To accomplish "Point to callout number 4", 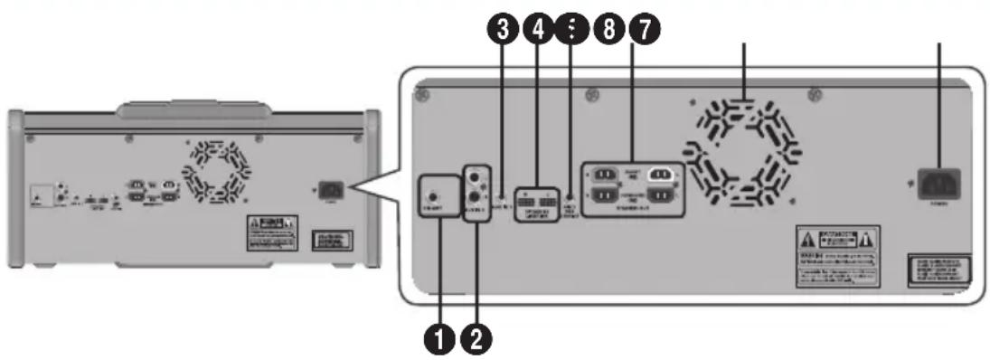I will coord(539,30).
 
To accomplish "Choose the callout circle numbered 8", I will coord(611,30).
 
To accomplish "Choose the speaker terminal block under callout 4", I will coord(540,198).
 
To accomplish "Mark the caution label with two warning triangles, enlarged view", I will coord(835,255).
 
